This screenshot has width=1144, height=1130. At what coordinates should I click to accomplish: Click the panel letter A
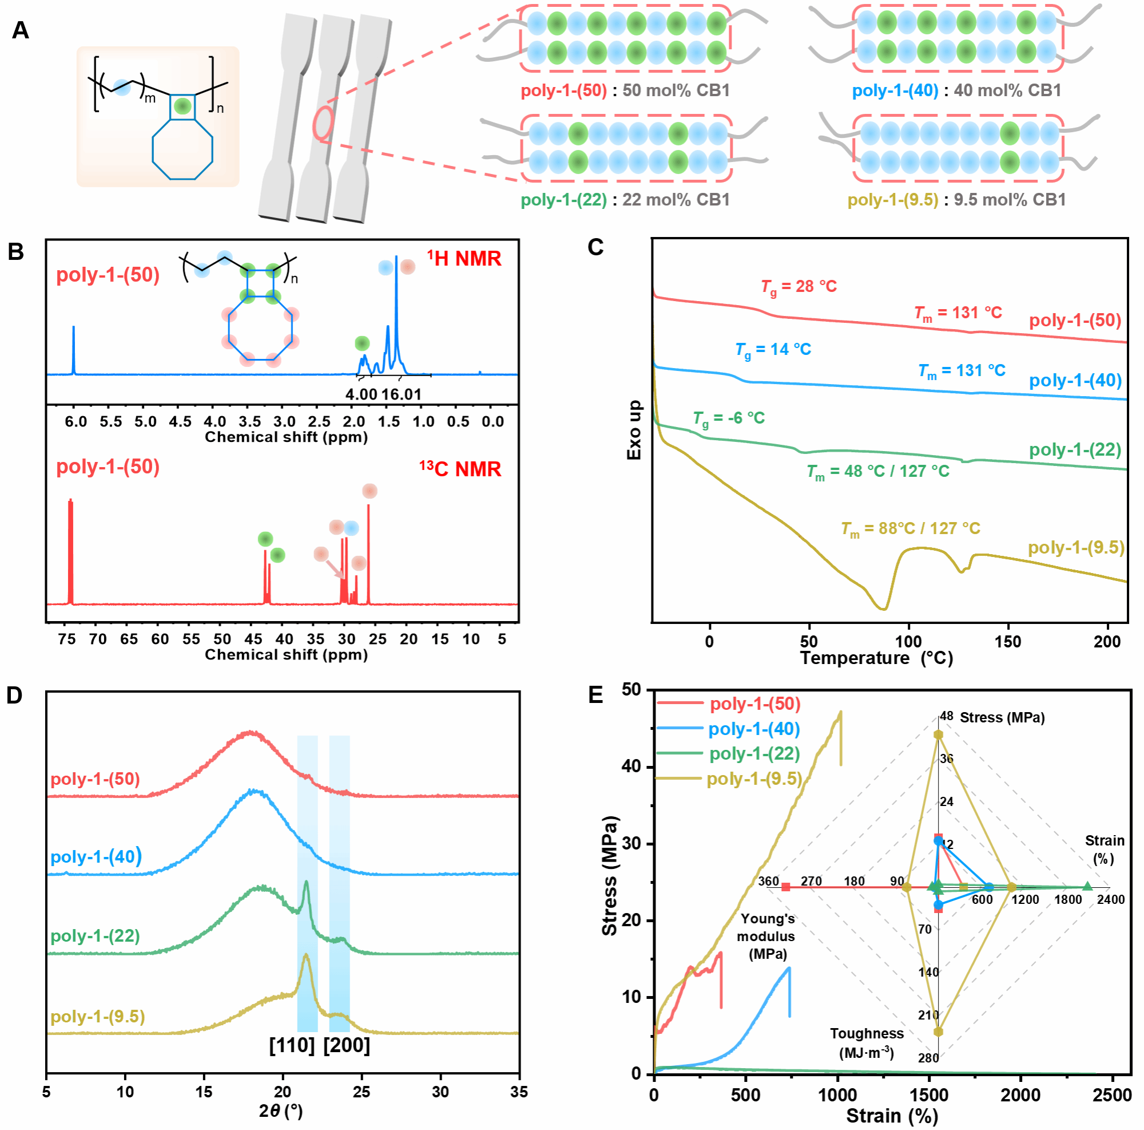(x=20, y=30)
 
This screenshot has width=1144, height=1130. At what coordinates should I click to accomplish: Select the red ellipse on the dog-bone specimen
(x=323, y=124)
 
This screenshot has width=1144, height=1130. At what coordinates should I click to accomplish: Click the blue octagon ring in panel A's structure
(x=182, y=149)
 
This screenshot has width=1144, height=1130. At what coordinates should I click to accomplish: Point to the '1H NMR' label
(x=464, y=258)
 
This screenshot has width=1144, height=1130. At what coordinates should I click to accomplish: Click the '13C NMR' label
(x=460, y=469)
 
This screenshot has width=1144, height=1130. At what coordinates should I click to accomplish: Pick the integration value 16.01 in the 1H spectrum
(x=402, y=394)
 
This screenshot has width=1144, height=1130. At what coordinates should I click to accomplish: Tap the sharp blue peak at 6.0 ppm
(x=73, y=350)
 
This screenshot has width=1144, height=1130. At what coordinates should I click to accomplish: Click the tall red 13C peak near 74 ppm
(x=70, y=551)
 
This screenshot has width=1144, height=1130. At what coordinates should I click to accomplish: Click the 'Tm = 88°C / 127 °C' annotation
(x=910, y=528)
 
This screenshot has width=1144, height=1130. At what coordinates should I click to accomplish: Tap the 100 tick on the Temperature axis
(x=908, y=642)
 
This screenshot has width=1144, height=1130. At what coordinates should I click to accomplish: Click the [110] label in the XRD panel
(x=292, y=1045)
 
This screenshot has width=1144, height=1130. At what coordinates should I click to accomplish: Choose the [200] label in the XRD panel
(x=347, y=1045)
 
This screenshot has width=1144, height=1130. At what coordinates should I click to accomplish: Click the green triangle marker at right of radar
(x=1087, y=887)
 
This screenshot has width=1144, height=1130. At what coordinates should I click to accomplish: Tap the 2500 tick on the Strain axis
(x=1113, y=1095)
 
